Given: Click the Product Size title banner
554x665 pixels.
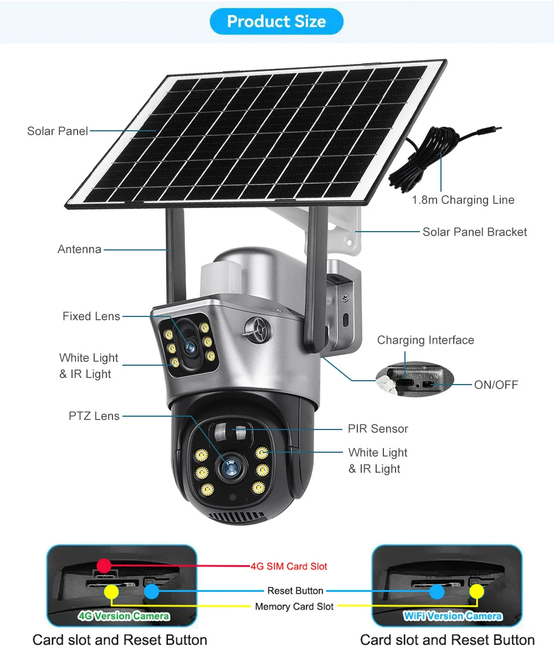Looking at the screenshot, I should click(276, 22).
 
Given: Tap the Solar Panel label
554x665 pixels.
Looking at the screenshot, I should click(58, 131).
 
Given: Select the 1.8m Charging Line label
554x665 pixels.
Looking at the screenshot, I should click(463, 200).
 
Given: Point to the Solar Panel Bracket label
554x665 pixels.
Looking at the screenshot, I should click(475, 232).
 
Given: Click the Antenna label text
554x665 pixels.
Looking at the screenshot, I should click(80, 249).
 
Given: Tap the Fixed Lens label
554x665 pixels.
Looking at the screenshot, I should click(91, 316).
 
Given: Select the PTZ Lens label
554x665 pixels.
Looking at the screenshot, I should click(94, 416).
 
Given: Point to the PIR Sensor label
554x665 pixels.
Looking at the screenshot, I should click(378, 428).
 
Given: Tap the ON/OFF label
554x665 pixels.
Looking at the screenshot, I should click(496, 384).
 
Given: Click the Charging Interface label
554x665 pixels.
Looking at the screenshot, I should click(425, 340).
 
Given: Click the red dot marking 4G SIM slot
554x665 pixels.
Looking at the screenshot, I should click(104, 565).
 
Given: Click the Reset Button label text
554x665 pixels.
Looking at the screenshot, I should click(295, 591).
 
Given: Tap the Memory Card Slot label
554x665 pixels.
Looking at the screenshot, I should click(294, 606).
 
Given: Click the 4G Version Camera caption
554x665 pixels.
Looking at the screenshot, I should click(124, 616).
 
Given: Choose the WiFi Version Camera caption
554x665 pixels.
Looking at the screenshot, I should click(453, 616).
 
